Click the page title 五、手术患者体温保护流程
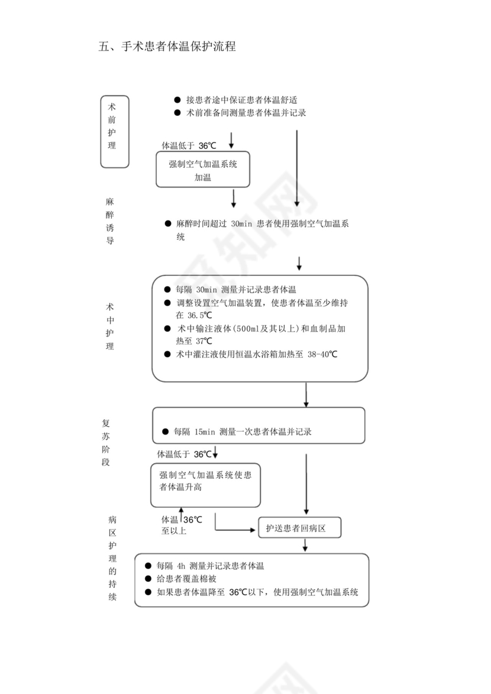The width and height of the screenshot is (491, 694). (167, 47)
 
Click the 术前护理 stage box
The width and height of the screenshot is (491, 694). (115, 131)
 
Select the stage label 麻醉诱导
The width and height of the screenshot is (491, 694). (110, 221)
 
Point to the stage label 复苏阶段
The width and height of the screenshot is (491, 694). (106, 443)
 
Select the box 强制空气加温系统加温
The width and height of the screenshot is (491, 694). (203, 170)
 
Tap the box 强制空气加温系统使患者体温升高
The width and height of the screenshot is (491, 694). (205, 485)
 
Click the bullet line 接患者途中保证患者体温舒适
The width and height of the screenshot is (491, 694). (241, 100)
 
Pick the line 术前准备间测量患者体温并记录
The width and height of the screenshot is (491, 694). (246, 112)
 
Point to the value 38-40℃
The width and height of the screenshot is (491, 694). (322, 354)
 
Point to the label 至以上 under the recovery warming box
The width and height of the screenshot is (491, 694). (174, 531)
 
